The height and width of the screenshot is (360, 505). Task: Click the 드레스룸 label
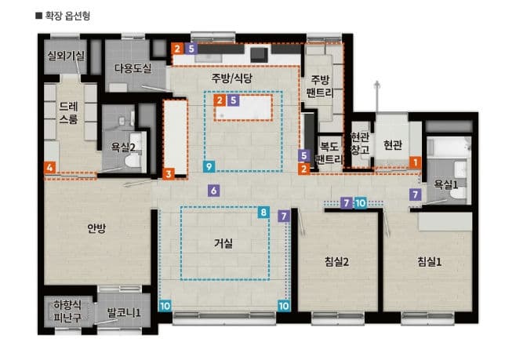coord(68,113)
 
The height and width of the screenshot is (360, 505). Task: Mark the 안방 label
coord(96,228)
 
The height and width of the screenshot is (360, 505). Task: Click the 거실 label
coord(223,243)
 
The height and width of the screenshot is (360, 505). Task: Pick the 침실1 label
coord(429,261)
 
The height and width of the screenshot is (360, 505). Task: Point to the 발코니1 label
coord(124,314)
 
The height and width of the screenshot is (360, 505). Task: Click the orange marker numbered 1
coord(414,162)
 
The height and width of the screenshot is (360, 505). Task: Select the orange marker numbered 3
coord(169,173)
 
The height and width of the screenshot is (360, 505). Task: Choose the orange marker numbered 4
coord(50,167)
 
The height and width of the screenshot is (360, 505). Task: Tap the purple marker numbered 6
coord(214,191)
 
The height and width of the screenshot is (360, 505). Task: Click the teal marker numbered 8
coord(263,213)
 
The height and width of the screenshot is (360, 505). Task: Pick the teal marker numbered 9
coord(208,166)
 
